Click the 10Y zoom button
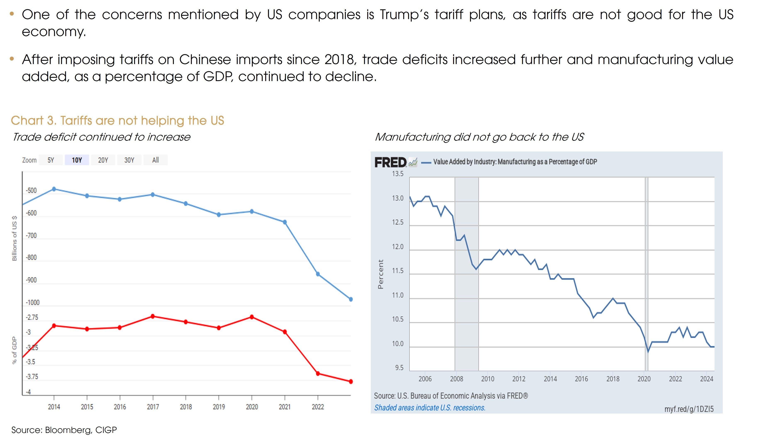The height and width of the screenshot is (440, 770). [77, 160]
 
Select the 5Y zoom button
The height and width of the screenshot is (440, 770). [51, 160]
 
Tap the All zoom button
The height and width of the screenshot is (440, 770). [155, 160]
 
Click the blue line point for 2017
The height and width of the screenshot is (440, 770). [153, 195]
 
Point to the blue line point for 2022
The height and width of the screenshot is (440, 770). [318, 274]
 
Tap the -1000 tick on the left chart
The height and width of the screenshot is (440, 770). [33, 303]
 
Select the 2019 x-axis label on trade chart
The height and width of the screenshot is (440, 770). [219, 407]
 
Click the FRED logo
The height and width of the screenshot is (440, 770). [391, 162]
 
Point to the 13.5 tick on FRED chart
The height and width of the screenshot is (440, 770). [398, 174]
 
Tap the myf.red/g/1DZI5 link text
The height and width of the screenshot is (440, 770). [689, 409]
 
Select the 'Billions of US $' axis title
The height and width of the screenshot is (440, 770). [14, 238]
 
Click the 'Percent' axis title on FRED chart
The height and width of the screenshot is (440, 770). [381, 274]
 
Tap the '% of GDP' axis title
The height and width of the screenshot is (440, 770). [14, 350]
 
